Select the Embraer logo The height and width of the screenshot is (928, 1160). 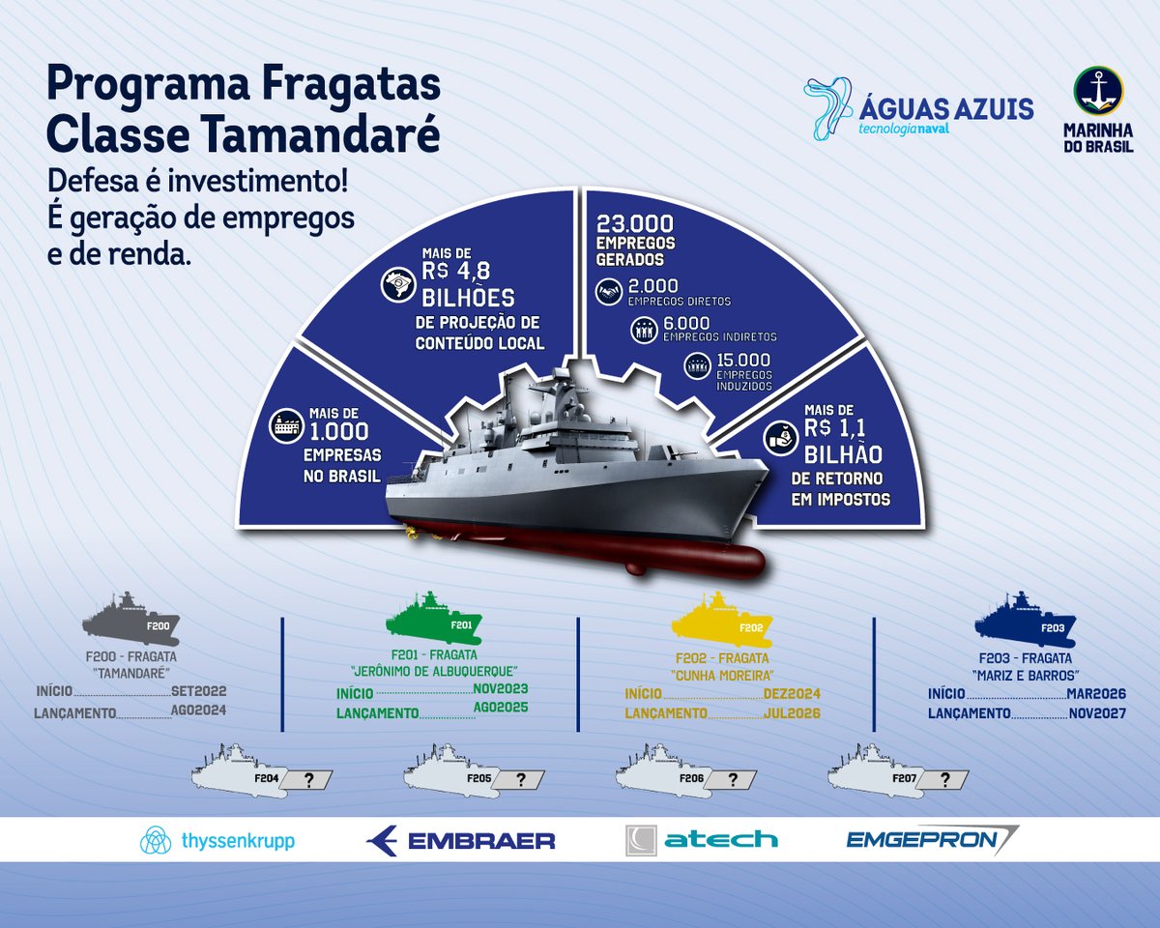(461, 840)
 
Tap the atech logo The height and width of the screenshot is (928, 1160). (702, 840)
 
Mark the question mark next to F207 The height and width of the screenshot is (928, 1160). (944, 779)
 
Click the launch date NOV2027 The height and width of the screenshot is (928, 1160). (1097, 713)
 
